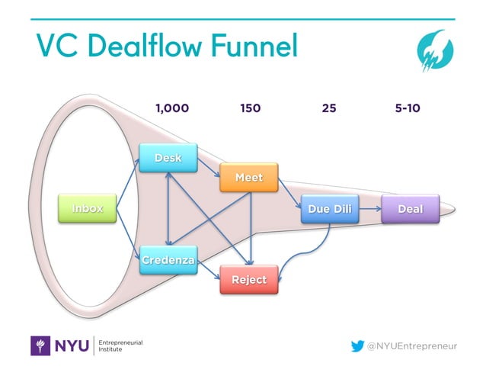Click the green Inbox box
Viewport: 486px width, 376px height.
click(x=88, y=208)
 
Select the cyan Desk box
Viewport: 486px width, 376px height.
click(x=168, y=157)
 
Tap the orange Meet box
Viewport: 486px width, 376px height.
click(x=248, y=177)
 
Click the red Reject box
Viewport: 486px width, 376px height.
click(x=249, y=279)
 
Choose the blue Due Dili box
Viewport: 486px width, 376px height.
click(x=329, y=208)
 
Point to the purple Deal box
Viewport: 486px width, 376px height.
click(x=411, y=208)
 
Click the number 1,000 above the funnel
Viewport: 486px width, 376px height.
click(x=172, y=108)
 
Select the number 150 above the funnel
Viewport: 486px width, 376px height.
click(x=250, y=108)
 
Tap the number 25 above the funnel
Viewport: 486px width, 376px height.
click(x=329, y=108)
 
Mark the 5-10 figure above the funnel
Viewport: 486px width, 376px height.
click(x=408, y=108)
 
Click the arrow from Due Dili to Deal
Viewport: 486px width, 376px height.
click(x=369, y=207)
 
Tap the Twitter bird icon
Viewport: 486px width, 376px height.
click(x=357, y=345)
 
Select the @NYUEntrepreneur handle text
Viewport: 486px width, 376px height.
click(x=412, y=346)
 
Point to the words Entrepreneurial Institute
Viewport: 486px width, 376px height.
click(x=122, y=345)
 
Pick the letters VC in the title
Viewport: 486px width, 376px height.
click(x=56, y=47)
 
